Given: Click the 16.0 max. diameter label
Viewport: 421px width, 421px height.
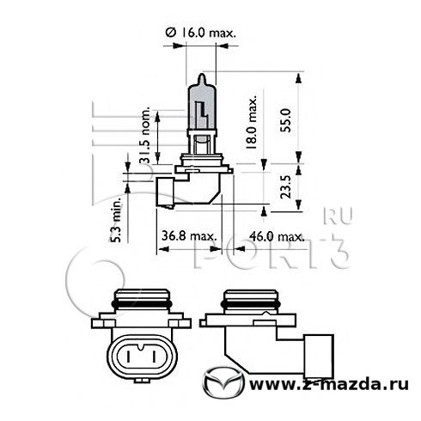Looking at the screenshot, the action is pos(201,33).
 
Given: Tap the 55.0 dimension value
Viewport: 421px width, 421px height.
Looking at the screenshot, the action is pos(286,120).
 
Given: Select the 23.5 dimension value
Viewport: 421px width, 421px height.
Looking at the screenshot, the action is pos(286,186).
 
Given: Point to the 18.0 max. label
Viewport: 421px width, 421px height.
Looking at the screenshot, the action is pos(251,121).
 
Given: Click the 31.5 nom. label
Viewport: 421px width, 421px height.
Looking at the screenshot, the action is pos(145,135).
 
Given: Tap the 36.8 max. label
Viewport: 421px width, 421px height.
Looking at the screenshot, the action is pos(189,236).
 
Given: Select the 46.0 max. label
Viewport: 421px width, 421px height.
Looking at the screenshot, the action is pos(277,236).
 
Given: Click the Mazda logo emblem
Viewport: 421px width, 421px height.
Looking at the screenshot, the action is pos(223,382).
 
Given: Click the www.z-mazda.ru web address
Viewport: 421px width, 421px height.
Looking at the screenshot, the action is pos(329,384).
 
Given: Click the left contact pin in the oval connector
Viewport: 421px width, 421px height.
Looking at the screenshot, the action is pos(129,357).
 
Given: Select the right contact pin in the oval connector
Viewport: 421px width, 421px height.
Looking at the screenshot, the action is pos(155,357).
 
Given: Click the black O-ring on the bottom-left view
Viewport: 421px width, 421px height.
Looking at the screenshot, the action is pos(142,304).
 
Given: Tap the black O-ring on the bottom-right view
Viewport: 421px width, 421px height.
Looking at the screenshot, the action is pos(251,304).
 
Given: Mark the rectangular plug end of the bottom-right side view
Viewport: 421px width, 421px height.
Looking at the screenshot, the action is pos(319,357).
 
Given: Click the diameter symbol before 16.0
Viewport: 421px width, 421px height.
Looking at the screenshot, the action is pos(171,33).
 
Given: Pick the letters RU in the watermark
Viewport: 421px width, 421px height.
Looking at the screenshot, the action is pos(339,216).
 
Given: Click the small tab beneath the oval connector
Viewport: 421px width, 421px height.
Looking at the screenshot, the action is pos(142,381).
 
